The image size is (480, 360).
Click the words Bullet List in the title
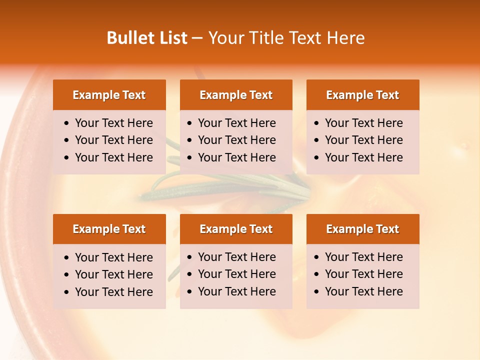[147, 38]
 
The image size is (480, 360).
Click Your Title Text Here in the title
[286, 38]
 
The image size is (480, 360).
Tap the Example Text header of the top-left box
[109, 95]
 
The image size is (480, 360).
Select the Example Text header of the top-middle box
[236, 95]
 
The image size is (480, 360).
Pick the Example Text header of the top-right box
[362, 95]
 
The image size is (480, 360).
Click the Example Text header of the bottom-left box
[109, 229]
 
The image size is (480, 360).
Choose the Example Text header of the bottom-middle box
[236, 229]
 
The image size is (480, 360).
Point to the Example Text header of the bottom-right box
[362, 229]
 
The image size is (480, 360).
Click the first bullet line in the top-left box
[114, 123]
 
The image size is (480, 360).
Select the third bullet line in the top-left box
[114, 157]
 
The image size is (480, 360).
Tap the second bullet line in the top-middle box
[237, 140]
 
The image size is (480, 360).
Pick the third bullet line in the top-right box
[364, 157]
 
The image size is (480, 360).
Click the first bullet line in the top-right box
[364, 123]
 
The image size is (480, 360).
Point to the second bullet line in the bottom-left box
[114, 274]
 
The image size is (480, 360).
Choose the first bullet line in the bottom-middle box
[237, 257]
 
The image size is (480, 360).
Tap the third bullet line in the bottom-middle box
[237, 291]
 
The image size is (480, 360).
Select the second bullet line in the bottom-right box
[364, 274]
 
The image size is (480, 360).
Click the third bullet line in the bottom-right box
[364, 291]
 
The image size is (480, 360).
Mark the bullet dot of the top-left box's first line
[67, 123]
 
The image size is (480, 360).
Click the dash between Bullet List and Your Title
[197, 38]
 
